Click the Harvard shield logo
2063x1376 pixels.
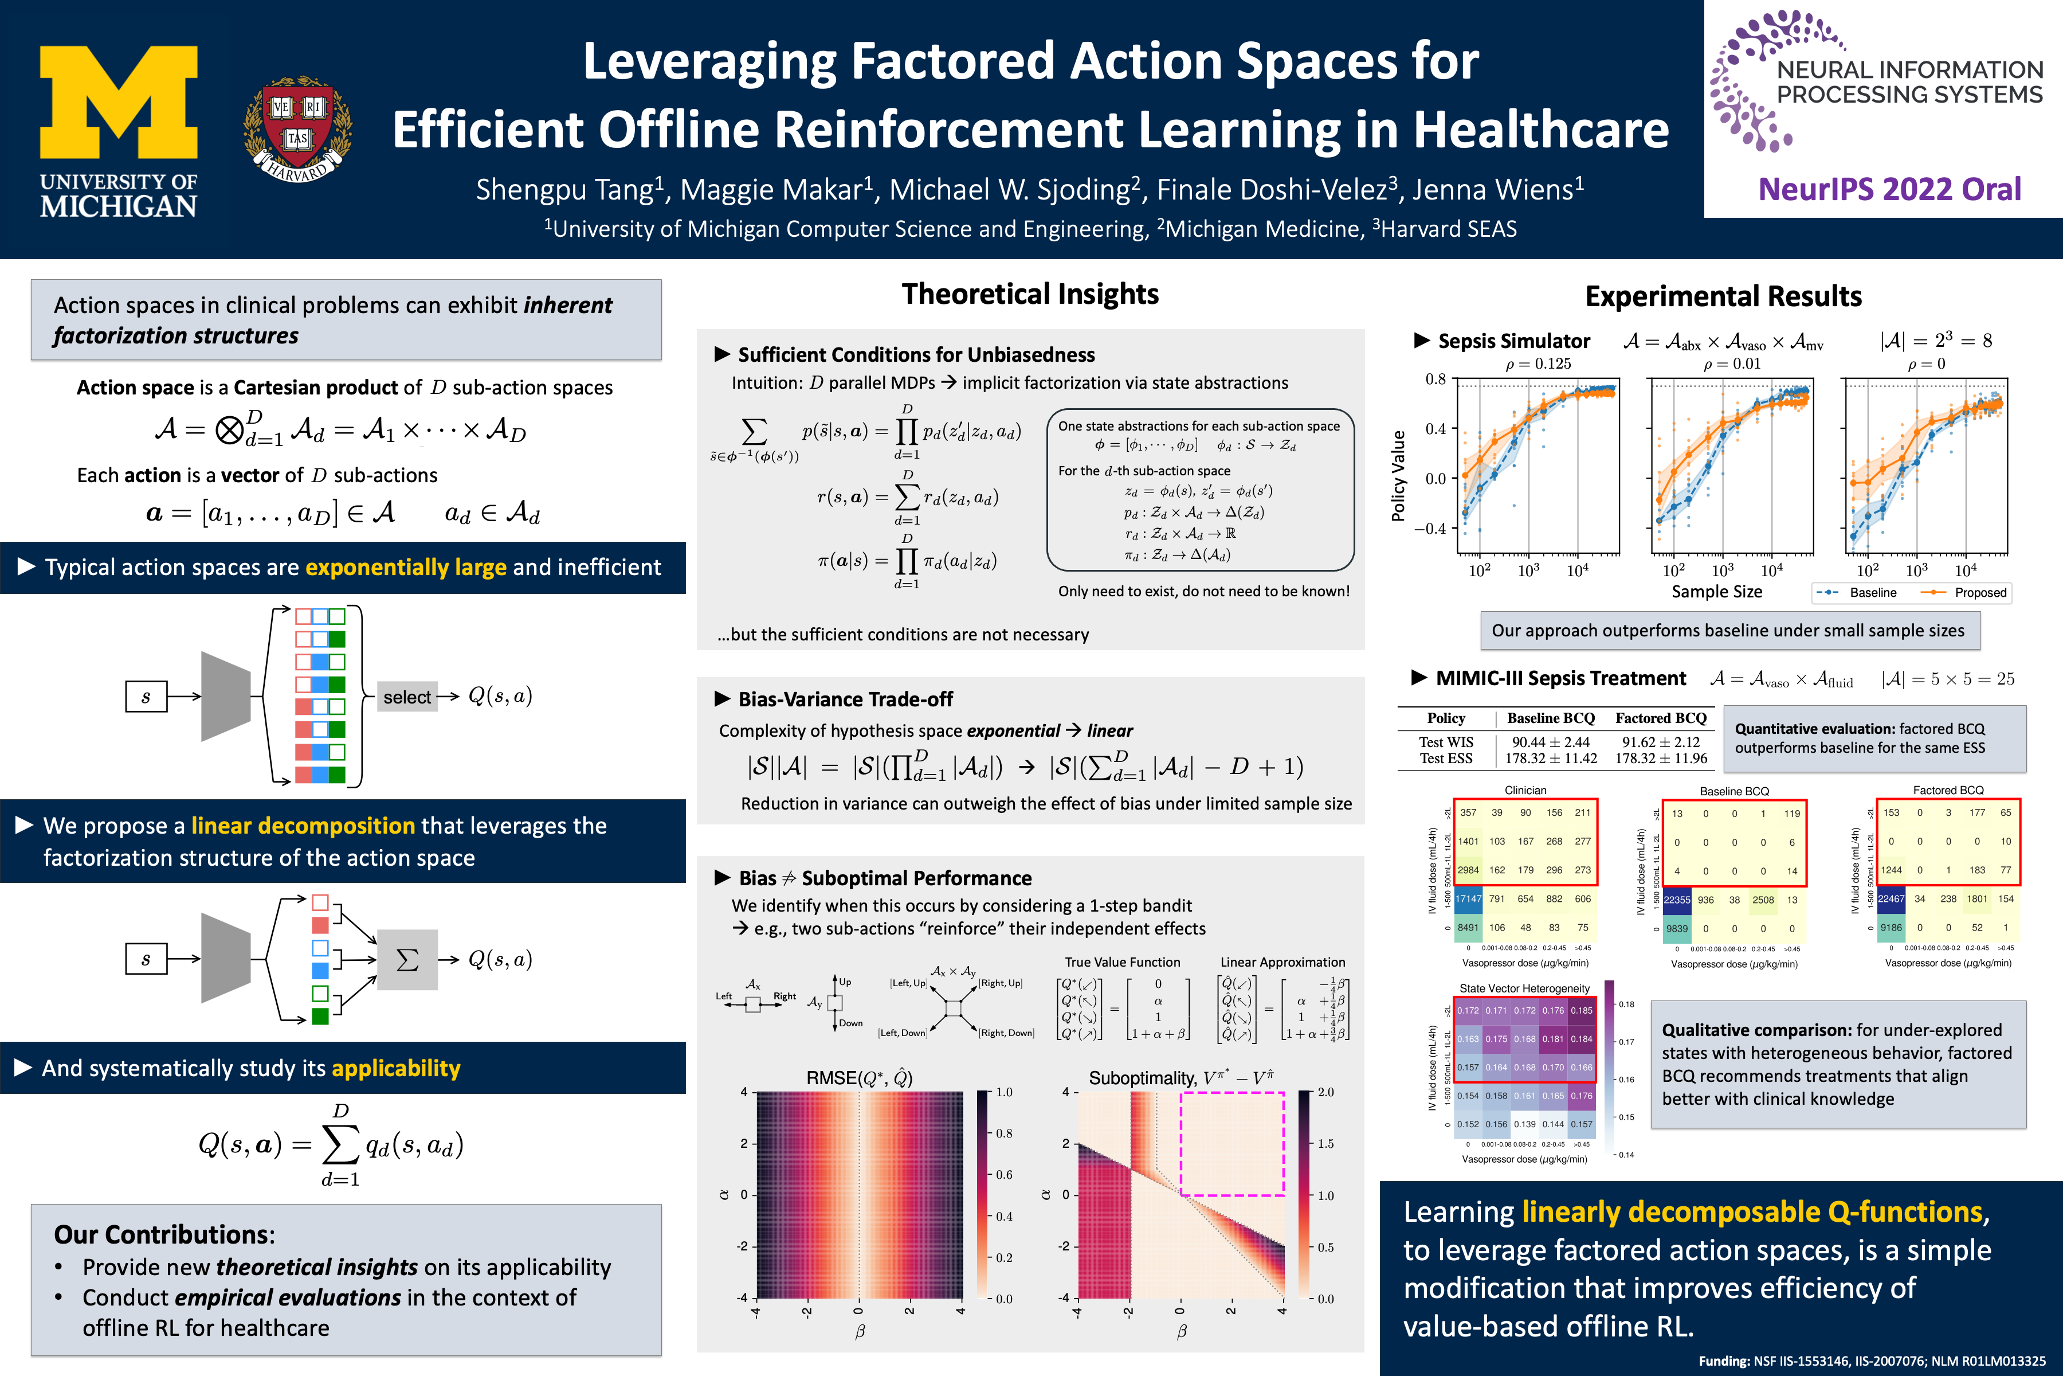coord(297,128)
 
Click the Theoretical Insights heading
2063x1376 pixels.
coord(1030,294)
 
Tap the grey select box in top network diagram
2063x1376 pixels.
coord(407,697)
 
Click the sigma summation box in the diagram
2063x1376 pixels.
coord(407,959)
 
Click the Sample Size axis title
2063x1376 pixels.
coord(1716,592)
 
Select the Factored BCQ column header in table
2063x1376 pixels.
coord(1660,718)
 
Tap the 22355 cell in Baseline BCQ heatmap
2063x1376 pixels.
coord(1676,900)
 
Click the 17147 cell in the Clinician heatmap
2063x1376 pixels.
coord(1468,898)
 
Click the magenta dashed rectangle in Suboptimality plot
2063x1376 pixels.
coord(1233,1143)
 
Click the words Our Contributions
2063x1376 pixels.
coord(164,1235)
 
